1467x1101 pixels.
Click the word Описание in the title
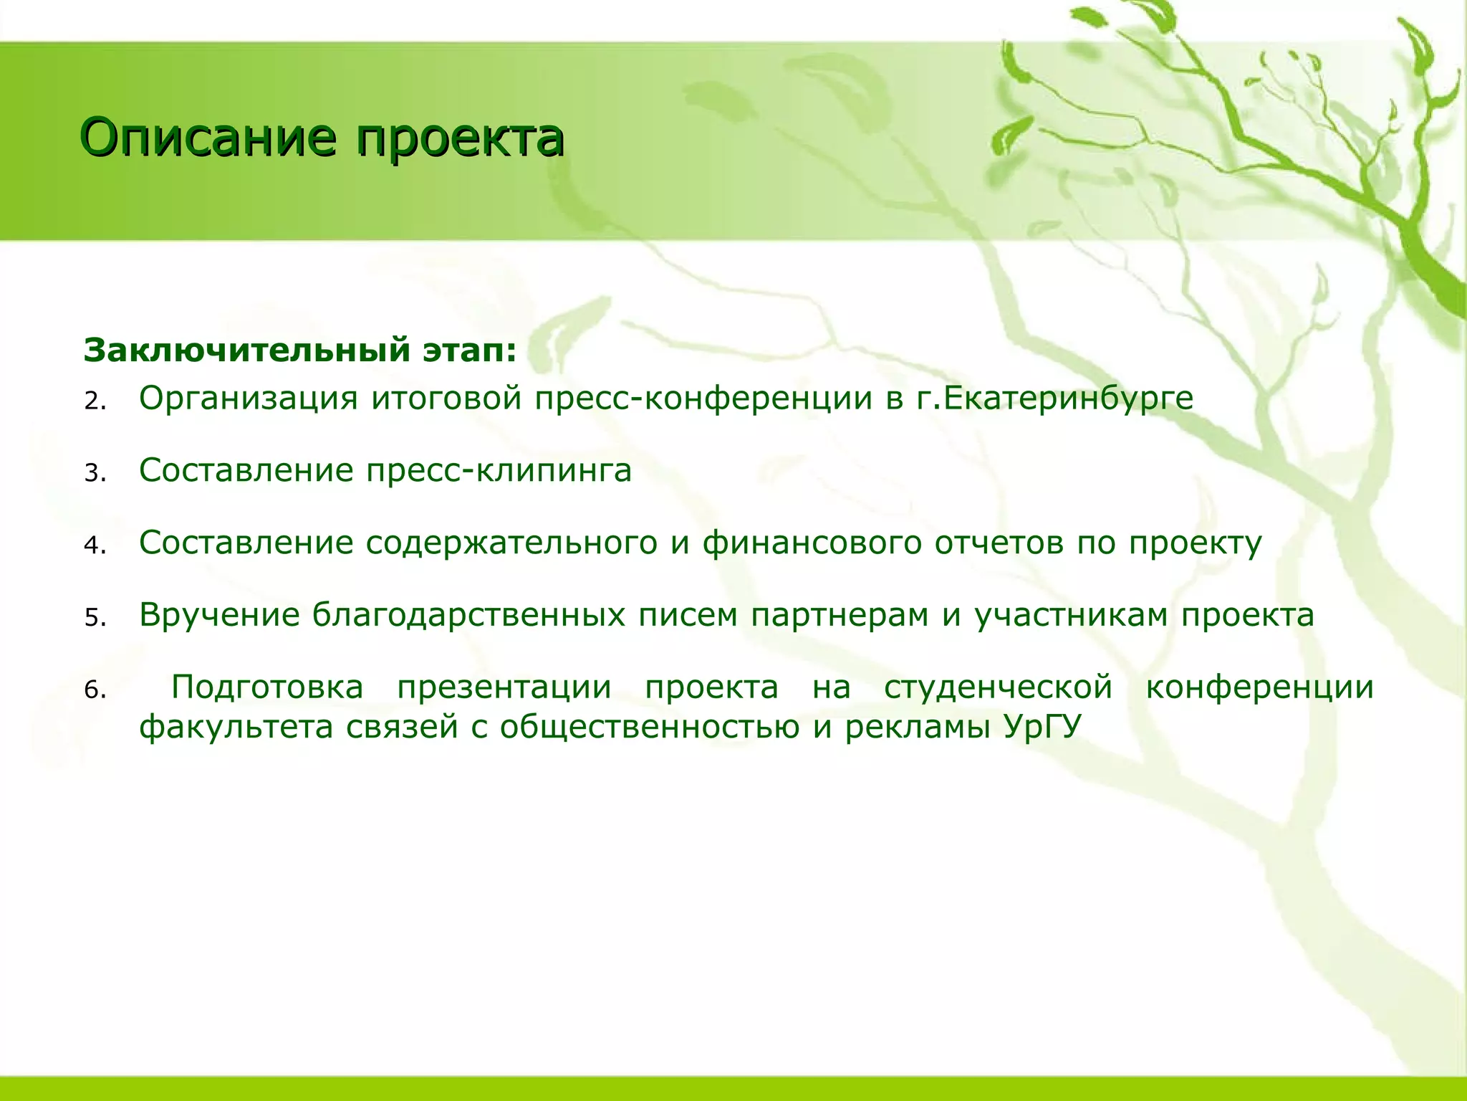(208, 138)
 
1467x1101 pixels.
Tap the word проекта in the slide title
(461, 138)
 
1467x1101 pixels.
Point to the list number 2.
(95, 401)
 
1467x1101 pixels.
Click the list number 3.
(95, 474)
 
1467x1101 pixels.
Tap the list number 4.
(95, 546)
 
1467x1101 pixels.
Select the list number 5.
(95, 618)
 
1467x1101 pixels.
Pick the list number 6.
(95, 690)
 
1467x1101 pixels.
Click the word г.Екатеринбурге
(1055, 399)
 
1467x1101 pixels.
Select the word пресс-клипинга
(499, 471)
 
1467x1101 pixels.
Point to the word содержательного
(511, 543)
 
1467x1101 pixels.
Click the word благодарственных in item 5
(468, 616)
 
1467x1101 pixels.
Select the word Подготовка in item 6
(267, 687)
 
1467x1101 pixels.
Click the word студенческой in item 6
(998, 687)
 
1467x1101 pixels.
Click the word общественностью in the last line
(649, 728)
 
